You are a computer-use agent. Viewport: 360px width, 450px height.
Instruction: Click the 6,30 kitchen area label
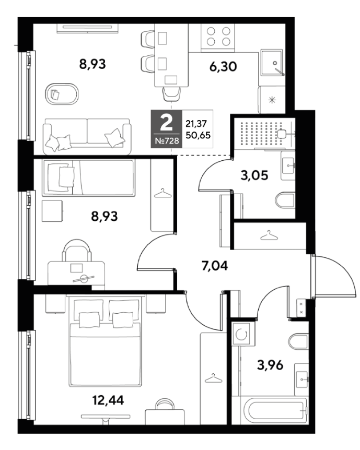(223, 66)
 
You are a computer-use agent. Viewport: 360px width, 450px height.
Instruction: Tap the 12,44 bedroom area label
(108, 400)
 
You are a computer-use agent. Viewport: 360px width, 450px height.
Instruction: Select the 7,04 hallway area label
(215, 266)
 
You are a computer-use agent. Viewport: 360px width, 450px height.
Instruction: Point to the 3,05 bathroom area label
(254, 175)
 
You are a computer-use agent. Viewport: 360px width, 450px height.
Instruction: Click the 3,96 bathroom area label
(270, 365)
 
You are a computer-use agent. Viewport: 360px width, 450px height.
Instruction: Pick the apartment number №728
(167, 141)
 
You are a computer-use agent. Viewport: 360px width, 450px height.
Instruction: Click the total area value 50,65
(198, 135)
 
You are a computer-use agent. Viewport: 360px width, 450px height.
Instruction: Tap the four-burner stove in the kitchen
(218, 37)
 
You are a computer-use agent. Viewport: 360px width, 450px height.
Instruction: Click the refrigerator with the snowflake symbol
(272, 100)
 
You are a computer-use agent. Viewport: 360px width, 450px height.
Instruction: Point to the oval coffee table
(62, 94)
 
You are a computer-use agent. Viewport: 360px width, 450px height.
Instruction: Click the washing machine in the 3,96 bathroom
(243, 334)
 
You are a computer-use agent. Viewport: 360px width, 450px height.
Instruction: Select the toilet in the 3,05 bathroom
(285, 200)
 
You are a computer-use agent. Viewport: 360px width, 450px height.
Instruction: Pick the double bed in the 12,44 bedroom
(105, 341)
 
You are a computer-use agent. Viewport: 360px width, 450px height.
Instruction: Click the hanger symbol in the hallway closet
(269, 235)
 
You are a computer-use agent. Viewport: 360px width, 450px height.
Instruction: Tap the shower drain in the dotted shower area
(281, 134)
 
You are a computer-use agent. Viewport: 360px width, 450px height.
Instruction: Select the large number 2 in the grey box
(166, 123)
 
